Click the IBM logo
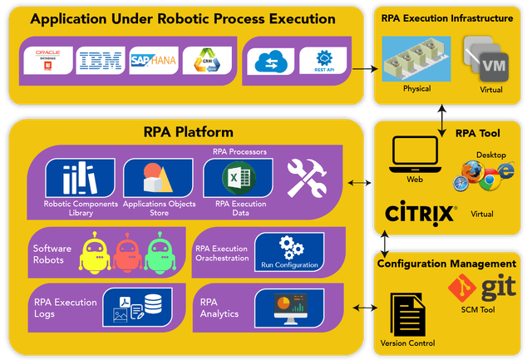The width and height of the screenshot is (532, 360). tap(100, 61)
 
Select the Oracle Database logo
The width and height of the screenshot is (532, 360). tap(47, 61)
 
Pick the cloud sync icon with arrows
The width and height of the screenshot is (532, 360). tap(272, 61)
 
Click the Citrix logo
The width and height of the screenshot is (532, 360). tap(421, 212)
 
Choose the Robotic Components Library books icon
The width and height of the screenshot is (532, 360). tap(81, 178)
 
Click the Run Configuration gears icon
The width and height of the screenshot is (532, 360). tap(288, 249)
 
